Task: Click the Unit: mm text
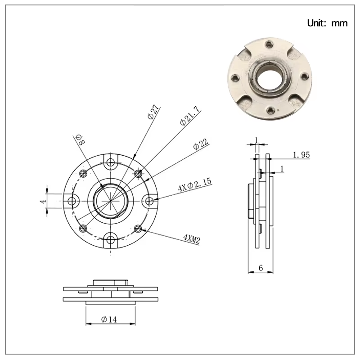327,23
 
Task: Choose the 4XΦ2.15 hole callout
194,185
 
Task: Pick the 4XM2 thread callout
191,238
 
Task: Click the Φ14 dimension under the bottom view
109,319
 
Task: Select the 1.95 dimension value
301,155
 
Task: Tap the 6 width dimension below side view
261,267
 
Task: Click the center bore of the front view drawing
111,201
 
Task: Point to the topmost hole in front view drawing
111,163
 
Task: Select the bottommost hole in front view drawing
111,238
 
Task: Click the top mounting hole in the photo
269,45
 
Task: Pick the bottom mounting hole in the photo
270,109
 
